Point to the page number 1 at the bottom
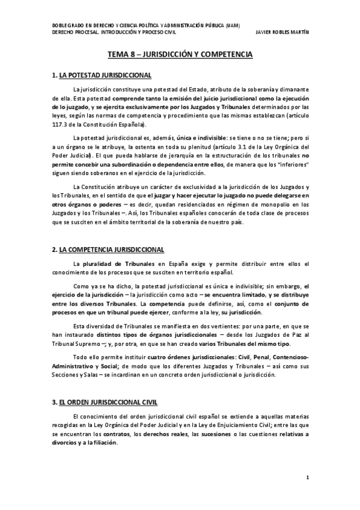click(307, 479)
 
